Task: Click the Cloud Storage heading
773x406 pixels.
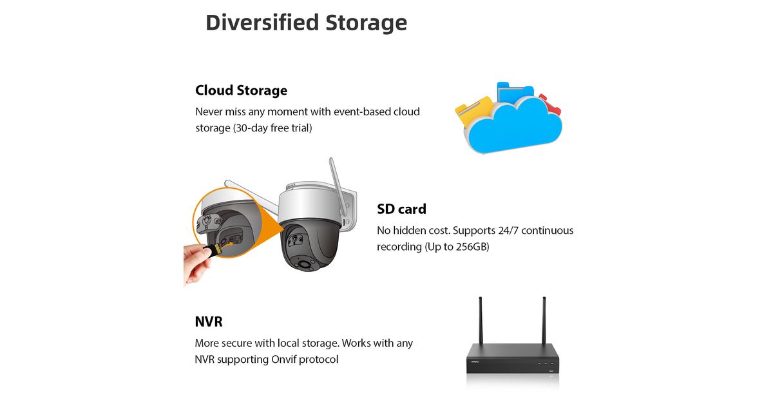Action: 241,90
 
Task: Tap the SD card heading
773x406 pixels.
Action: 401,209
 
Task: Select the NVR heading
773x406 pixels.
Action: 209,322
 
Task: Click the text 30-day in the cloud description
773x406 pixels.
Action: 253,128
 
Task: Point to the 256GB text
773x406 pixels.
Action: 472,247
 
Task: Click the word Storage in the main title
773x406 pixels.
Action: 366,23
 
